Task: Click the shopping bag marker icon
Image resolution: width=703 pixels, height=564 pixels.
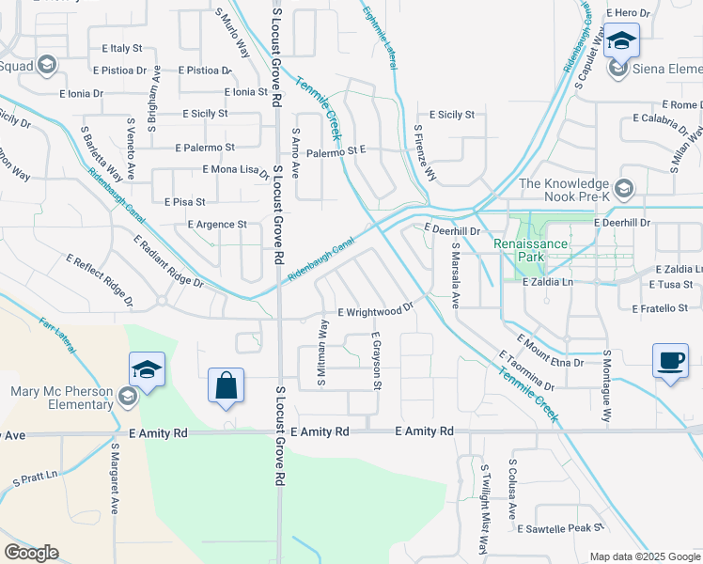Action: pyautogui.click(x=226, y=385)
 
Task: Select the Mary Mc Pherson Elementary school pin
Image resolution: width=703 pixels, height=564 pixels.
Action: pyautogui.click(x=127, y=399)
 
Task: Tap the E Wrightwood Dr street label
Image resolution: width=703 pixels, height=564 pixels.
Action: pyautogui.click(x=376, y=311)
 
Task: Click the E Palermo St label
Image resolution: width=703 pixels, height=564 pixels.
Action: pyautogui.click(x=205, y=148)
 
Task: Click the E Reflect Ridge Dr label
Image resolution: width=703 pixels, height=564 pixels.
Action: pyautogui.click(x=100, y=281)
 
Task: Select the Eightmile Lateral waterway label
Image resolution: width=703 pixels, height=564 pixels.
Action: pyautogui.click(x=379, y=37)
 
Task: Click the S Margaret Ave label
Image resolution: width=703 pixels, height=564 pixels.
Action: pyautogui.click(x=115, y=478)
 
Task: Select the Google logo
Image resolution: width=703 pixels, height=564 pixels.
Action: pyautogui.click(x=31, y=553)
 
